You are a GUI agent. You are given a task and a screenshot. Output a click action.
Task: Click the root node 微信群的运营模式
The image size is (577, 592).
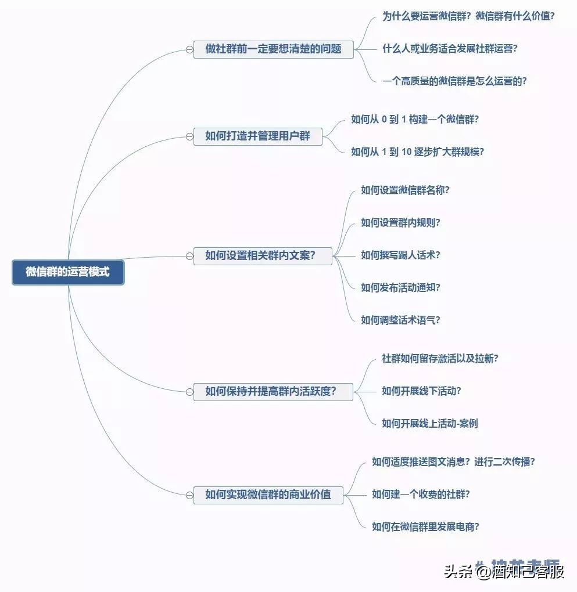(68, 272)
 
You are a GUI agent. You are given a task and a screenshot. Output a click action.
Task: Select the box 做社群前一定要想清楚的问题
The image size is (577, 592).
(273, 49)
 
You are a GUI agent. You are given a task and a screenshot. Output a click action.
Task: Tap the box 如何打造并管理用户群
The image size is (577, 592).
(257, 137)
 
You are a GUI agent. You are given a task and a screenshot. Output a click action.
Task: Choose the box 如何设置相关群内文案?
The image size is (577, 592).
(262, 255)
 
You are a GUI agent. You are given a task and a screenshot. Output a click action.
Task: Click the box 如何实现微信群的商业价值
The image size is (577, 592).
(268, 495)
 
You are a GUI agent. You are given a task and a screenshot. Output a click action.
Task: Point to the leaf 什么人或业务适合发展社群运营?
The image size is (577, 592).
(449, 49)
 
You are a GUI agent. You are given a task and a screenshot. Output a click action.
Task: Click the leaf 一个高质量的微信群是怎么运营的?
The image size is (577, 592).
(454, 81)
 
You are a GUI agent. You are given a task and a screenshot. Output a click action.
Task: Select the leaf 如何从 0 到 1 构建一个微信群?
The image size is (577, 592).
(414, 120)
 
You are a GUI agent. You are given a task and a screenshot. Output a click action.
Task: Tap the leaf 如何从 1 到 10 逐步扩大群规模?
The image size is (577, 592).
(417, 152)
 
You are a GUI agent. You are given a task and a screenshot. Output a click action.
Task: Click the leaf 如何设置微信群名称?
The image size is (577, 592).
(405, 190)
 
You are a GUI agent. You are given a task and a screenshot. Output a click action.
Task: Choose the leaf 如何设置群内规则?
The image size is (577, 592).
(400, 223)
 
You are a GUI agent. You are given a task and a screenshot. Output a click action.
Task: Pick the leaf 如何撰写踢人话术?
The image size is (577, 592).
(400, 255)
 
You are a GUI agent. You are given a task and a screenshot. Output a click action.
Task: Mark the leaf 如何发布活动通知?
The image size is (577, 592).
(400, 288)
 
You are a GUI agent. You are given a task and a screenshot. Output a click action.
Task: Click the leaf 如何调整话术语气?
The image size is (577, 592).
(400, 320)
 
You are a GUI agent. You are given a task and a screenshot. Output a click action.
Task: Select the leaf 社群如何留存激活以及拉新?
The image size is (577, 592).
(440, 359)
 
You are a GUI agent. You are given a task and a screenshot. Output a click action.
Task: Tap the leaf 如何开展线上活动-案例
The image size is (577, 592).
(429, 424)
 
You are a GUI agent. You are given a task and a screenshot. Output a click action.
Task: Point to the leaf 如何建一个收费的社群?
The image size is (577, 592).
(421, 494)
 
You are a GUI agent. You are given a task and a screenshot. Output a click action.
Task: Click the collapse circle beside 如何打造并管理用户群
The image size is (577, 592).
(189, 137)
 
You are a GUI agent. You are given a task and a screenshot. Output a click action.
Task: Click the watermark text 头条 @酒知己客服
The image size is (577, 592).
(504, 572)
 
